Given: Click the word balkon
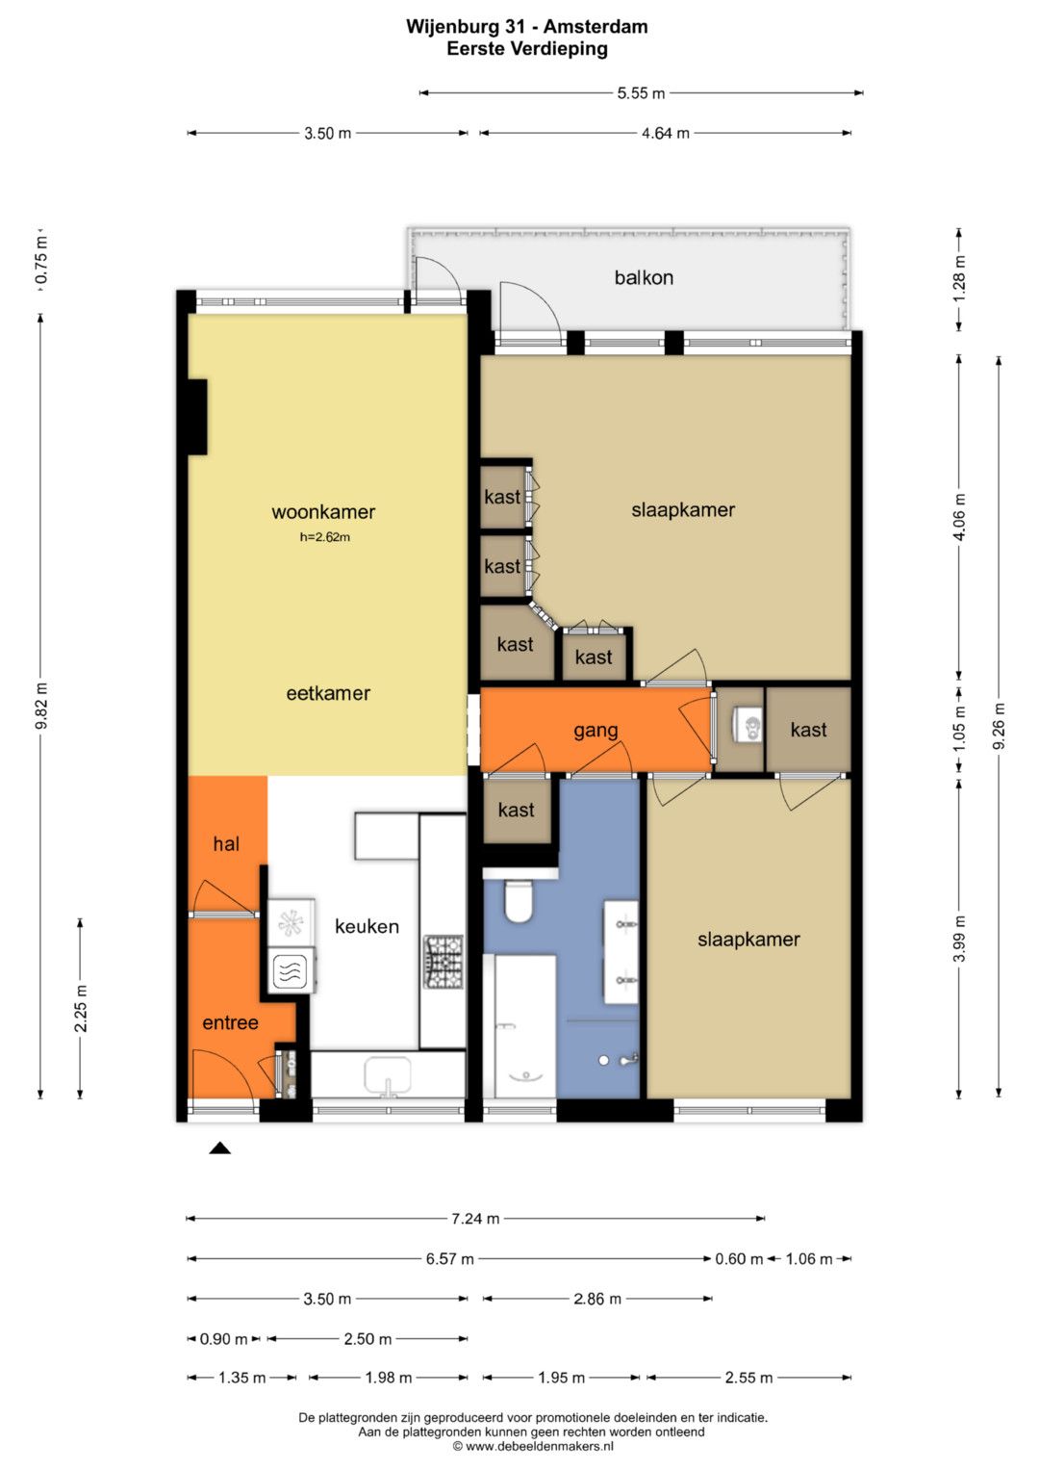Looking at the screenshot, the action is [x=644, y=277].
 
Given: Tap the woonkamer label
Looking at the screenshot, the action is [x=323, y=512].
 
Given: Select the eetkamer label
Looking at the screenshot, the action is [x=328, y=693].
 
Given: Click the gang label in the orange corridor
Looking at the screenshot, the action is [x=596, y=731].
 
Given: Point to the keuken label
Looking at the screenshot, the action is [x=367, y=926].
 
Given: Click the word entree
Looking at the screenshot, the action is [x=230, y=1022].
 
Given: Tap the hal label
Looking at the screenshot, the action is [x=226, y=844].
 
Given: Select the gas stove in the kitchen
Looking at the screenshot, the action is [x=443, y=962].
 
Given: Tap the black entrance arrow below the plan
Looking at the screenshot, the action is [x=219, y=1148].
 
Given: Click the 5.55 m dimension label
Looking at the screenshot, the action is [x=641, y=93].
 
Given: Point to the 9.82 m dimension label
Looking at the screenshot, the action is [x=42, y=706].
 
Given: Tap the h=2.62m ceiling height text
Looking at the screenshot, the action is [x=325, y=537].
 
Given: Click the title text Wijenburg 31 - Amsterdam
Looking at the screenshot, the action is [x=527, y=27].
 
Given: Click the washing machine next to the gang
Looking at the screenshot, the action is [x=748, y=725].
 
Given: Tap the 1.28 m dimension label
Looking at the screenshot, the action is [x=960, y=278].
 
